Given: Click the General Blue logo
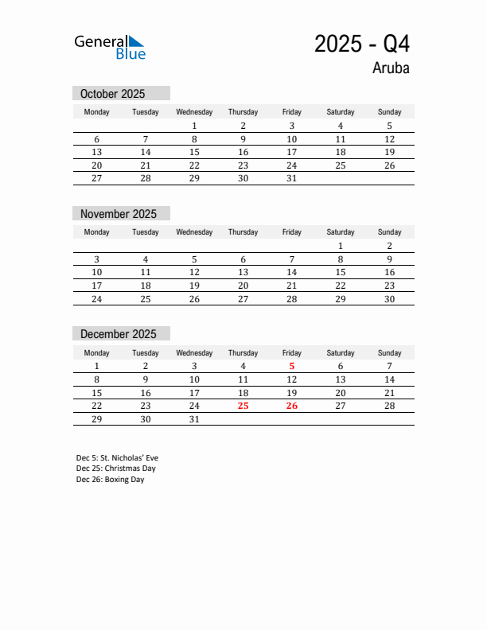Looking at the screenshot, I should [110, 47].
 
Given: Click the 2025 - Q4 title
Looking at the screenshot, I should [362, 44].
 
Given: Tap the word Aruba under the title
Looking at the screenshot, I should [391, 68].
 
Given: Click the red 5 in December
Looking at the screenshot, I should [292, 367].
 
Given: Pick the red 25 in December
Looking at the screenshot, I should [243, 406].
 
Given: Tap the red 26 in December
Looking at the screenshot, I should [292, 406].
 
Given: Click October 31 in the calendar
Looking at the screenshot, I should [292, 179].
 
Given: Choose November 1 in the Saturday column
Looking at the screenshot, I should [341, 246].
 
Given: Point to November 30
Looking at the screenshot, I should [389, 299].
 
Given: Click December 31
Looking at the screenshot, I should [194, 419].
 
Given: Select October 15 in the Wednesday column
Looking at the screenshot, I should [194, 152].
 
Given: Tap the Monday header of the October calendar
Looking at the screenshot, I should [97, 112].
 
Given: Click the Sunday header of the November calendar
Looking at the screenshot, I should [389, 232].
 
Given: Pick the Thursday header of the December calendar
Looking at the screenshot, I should [243, 352].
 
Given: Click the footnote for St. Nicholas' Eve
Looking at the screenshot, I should [117, 458].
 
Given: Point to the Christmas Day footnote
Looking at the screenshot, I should [116, 469].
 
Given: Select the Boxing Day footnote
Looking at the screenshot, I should [111, 480].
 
